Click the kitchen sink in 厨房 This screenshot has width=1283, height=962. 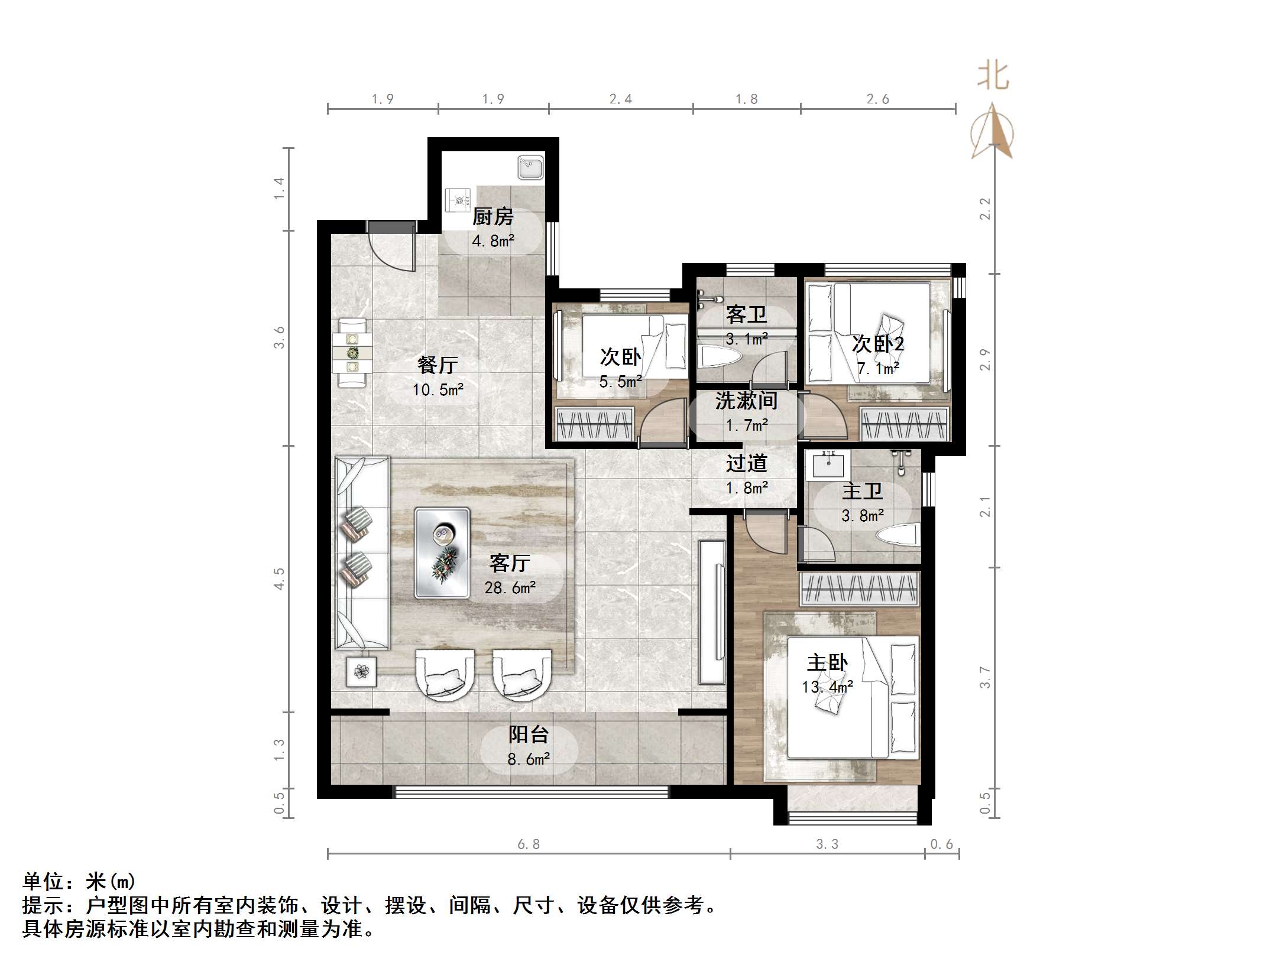click(530, 167)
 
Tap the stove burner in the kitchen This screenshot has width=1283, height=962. click(458, 200)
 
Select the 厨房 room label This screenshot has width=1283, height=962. click(493, 217)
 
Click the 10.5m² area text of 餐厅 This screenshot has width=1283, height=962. click(438, 390)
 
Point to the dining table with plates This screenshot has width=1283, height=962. click(352, 353)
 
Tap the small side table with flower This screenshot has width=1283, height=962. click(361, 671)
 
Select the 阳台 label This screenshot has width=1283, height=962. click(529, 734)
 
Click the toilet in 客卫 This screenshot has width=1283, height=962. click(718, 357)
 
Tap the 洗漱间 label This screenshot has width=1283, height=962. click(746, 401)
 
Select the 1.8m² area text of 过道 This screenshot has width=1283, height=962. click(747, 488)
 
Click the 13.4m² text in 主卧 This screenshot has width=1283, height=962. click(827, 687)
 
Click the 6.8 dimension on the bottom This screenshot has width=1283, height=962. click(529, 844)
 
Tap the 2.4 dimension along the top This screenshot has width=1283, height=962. click(620, 99)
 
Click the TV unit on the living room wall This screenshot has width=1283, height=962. click(712, 612)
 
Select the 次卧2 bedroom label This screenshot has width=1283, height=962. click(877, 344)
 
